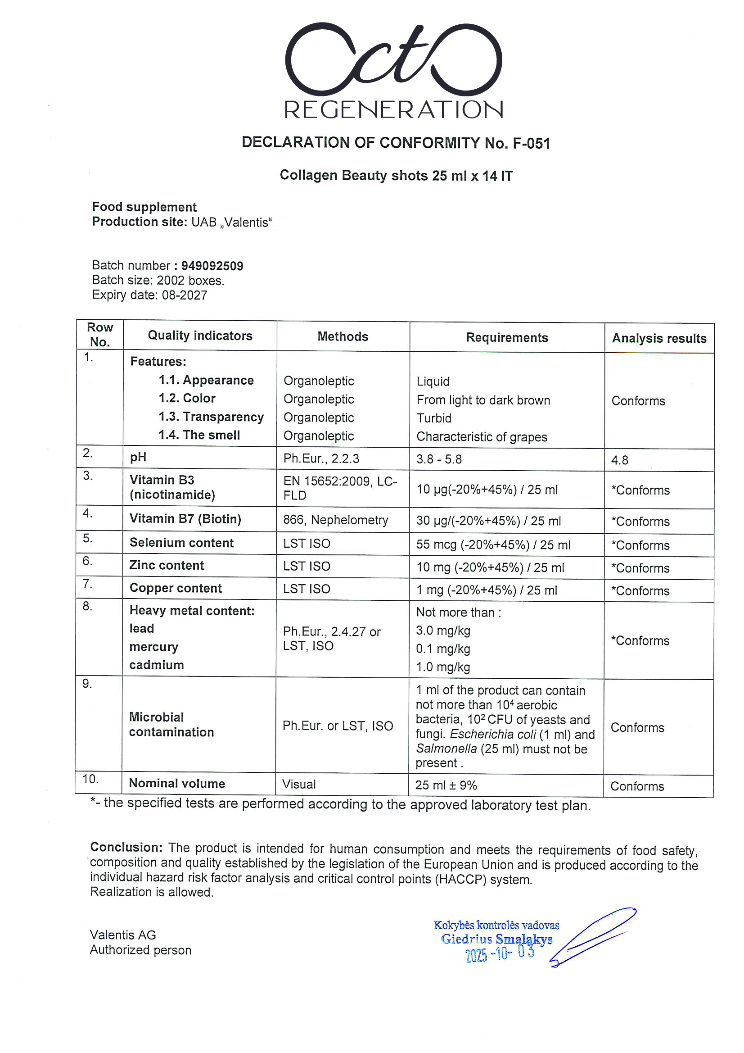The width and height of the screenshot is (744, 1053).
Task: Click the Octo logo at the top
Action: pos(393,59)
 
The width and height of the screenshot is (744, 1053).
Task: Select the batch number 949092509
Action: pos(212,266)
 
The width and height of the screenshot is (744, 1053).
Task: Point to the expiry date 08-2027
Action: pos(184,295)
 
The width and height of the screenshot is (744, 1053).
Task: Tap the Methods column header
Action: pos(343,336)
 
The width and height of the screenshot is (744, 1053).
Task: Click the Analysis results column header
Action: pos(659,339)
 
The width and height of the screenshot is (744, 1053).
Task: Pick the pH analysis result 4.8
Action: pos(619,460)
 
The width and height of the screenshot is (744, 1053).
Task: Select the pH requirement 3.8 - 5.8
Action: pos(439,459)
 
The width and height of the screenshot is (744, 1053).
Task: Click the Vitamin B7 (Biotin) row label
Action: pos(185,519)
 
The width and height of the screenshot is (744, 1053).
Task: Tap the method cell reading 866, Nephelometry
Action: pos(335,520)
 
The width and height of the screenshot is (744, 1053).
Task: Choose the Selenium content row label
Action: pos(181,543)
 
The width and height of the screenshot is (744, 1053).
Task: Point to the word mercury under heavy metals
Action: pos(153,647)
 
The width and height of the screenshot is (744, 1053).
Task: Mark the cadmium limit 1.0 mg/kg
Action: pos(443,667)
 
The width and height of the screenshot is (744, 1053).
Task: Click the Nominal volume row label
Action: pos(177,783)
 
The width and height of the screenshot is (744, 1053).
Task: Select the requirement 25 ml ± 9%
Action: pos(446,785)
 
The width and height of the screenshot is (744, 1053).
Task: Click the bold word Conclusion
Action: pos(126,847)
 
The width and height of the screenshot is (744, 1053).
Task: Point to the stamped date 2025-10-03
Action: pos(500,953)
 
